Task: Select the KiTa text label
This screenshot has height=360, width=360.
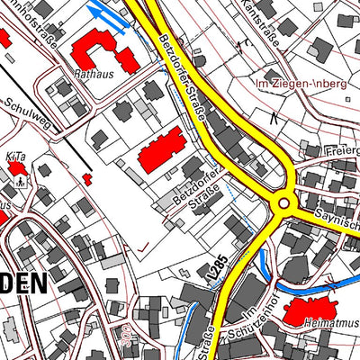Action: click(x=15, y=157)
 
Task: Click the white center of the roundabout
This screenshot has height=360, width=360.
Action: click(x=284, y=203)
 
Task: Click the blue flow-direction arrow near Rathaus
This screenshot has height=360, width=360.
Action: click(x=106, y=13)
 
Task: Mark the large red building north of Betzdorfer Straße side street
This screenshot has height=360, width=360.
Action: click(x=161, y=149)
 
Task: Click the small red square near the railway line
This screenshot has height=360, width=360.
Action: click(x=87, y=179)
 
